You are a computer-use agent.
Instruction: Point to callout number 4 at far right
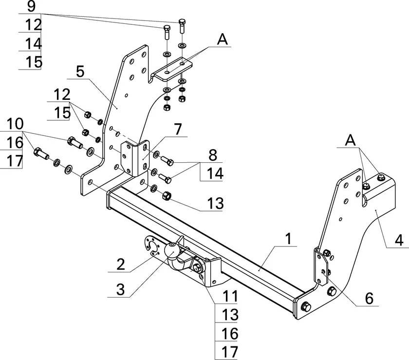(x=398, y=241)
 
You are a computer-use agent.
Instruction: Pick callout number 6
(x=370, y=298)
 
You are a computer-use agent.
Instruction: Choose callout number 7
(x=177, y=130)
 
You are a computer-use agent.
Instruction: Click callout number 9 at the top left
(x=31, y=7)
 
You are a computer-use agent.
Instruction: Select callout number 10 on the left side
(x=15, y=122)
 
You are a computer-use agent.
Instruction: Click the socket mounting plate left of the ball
(x=152, y=246)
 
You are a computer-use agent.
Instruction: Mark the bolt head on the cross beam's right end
(x=306, y=307)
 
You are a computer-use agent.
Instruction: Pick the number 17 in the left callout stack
(x=15, y=161)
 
